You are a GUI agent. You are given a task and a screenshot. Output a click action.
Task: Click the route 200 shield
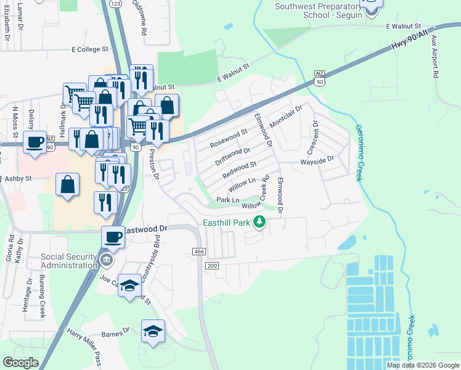click(x=213, y=265)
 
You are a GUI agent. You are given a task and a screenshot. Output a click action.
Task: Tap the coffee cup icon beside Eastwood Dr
click(x=113, y=236)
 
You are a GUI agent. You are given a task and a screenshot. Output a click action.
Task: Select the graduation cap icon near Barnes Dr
click(x=153, y=331)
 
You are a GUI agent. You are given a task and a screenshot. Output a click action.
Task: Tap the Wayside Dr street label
click(x=317, y=159)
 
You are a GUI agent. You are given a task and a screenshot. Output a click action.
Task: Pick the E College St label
click(x=90, y=49)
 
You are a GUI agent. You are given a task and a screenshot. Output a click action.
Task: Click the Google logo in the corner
click(x=21, y=363)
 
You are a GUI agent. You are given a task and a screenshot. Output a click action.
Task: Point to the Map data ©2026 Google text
click(x=422, y=365)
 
